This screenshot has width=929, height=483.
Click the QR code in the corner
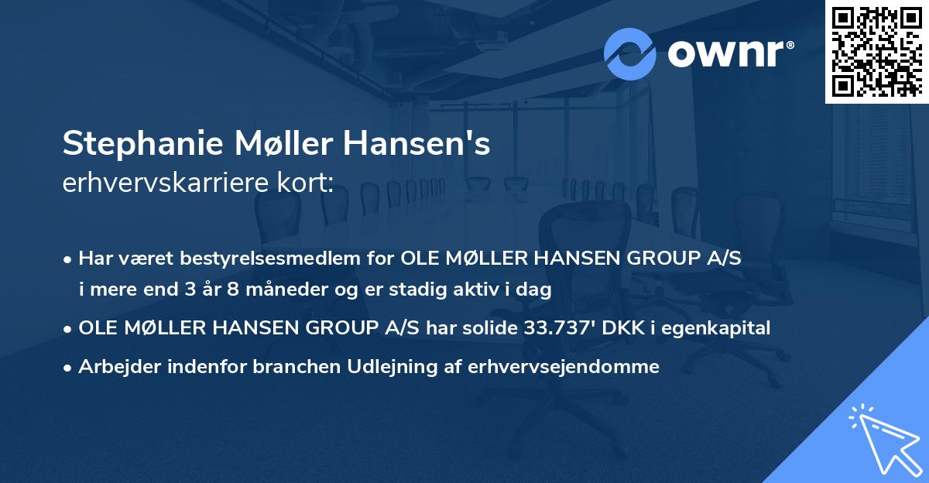pyautogui.click(x=877, y=51)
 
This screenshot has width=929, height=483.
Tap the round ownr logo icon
pyautogui.click(x=629, y=53)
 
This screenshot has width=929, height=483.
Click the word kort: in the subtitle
pyautogui.click(x=308, y=183)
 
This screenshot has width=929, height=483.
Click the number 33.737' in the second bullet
pyautogui.click(x=554, y=328)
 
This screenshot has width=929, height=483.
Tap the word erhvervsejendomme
pyautogui.click(x=564, y=367)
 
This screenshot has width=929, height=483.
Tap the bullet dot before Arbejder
pyautogui.click(x=69, y=368)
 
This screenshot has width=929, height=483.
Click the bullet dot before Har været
pyautogui.click(x=69, y=259)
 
